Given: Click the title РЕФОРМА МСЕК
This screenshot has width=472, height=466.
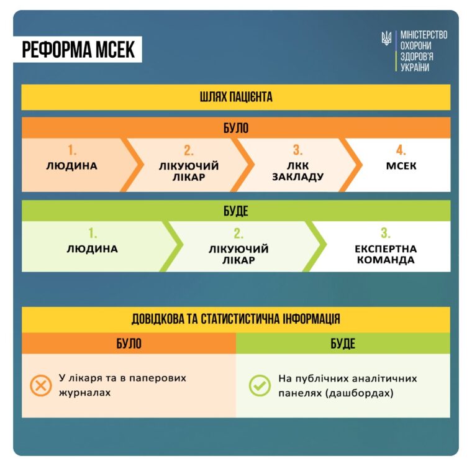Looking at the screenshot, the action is [x=78, y=50].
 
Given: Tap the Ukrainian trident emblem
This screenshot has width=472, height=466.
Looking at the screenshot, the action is [x=386, y=39].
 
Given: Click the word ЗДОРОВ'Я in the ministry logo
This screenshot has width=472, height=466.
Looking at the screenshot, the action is [x=417, y=57].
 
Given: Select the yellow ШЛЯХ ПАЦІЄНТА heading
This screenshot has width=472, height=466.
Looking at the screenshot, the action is [x=236, y=97].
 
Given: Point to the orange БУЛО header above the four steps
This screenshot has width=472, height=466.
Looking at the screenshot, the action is [x=236, y=128].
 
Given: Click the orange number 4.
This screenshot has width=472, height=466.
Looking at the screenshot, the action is [x=401, y=150].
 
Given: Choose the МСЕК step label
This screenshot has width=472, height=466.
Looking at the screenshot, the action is [x=401, y=166].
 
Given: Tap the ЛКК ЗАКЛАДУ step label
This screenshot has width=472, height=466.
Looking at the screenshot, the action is [x=297, y=171].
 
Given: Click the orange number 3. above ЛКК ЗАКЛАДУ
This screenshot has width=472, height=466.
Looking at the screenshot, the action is [x=297, y=150].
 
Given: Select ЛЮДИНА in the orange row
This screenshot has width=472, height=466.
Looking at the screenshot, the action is [x=71, y=166].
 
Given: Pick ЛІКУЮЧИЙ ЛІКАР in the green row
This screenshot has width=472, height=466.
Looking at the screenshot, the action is [x=238, y=255].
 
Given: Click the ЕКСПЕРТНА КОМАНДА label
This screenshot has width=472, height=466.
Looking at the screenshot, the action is [x=386, y=254].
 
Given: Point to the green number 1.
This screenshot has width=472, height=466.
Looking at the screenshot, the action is [x=93, y=233].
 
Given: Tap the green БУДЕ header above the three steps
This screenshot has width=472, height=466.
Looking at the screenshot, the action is [x=236, y=211].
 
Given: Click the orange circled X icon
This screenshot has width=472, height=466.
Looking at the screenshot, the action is [x=40, y=385].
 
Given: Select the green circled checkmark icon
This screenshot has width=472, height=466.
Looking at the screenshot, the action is [x=260, y=385].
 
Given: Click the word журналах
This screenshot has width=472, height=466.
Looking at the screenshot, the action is [x=85, y=393].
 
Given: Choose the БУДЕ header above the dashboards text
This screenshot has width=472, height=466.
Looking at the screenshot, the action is [x=343, y=344].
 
